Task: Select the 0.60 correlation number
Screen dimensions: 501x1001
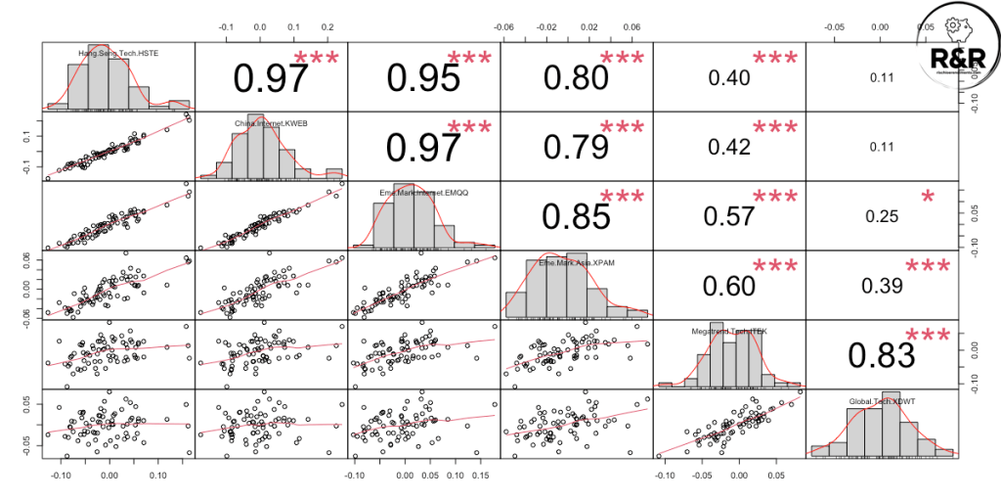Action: pos(728,285)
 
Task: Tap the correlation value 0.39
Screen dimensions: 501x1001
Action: pos(880,285)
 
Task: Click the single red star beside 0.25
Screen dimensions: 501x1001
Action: pos(928,198)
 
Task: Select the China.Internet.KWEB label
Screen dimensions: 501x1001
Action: pos(261,123)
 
